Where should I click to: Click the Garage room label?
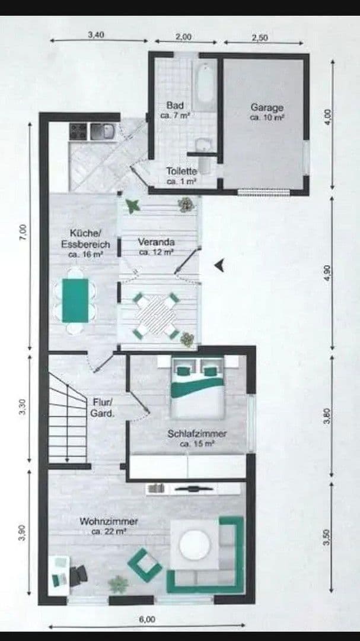266,107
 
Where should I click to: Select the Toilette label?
181,171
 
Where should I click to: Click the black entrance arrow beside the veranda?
220,265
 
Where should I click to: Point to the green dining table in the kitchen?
75,300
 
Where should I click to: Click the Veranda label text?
156,242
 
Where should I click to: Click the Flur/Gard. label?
103,407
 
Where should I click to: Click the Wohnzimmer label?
109,521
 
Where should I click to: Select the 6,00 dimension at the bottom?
146,619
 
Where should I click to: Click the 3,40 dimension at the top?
96,34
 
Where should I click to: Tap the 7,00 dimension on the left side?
23,231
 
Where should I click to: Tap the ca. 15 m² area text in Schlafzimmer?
196,443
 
